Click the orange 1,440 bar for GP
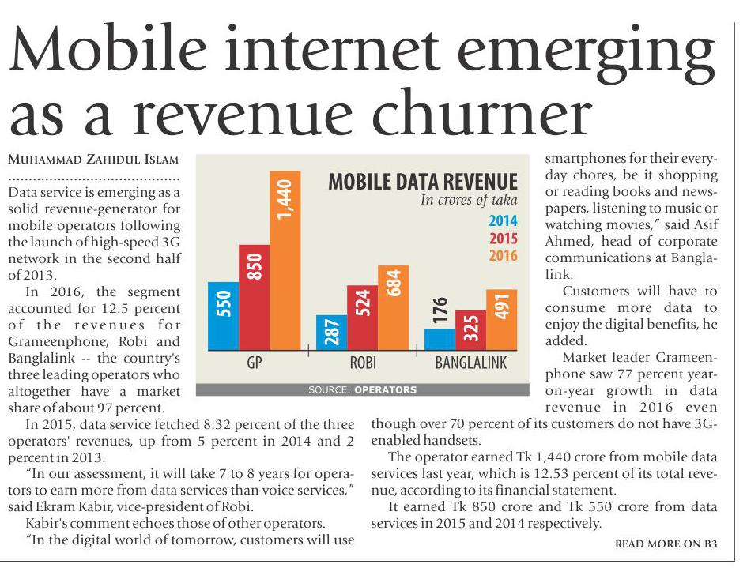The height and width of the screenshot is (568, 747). (285, 261)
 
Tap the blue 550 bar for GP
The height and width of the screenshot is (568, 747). (224, 316)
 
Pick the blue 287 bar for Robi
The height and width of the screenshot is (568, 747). (331, 333)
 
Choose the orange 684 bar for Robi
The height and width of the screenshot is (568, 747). (394, 308)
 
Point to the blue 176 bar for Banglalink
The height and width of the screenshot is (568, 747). (440, 340)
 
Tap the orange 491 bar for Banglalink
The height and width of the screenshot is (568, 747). (501, 320)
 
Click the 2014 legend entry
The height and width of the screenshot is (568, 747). (503, 220)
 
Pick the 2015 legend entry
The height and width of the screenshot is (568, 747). (503, 238)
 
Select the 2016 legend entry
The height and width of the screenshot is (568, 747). (503, 255)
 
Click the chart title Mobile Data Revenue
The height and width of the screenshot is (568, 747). (423, 182)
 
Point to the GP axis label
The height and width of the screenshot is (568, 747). (255, 364)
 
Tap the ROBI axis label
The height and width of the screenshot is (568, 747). (362, 364)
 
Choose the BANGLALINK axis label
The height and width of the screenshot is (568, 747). (471, 364)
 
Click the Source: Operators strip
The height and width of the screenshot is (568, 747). (362, 389)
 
